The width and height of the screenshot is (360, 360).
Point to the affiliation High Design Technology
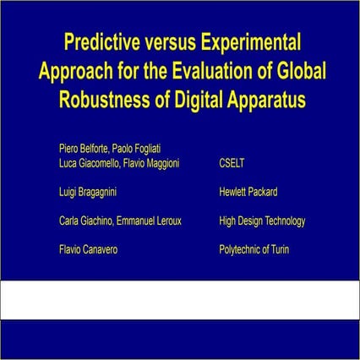[x=261, y=221]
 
